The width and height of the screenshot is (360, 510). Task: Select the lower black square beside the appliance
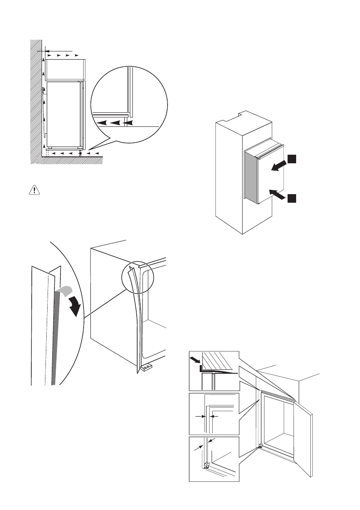pyautogui.click(x=292, y=198)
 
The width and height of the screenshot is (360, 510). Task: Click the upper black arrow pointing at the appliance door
pyautogui.click(x=279, y=165)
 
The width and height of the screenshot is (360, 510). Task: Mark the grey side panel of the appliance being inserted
pyautogui.click(x=249, y=177)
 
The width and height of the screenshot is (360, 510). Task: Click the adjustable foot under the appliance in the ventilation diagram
pyautogui.click(x=80, y=154)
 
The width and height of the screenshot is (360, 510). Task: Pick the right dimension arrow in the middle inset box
pyautogui.click(x=214, y=416)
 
